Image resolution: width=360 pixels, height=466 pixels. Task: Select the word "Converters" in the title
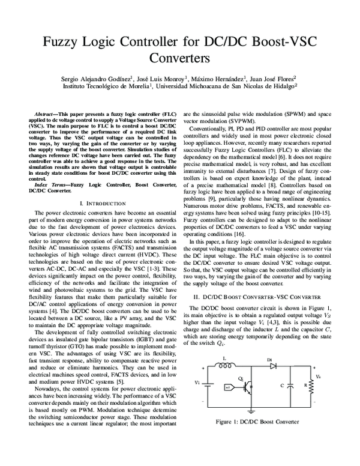coord(179,60)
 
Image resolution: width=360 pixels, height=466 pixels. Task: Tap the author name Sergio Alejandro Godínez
coord(99,78)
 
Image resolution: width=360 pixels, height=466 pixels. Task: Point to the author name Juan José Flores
coord(269,78)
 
